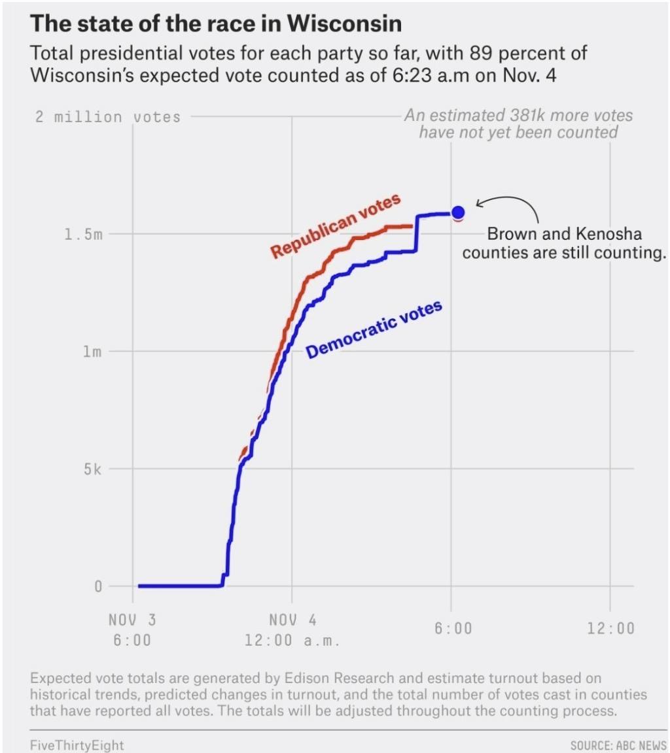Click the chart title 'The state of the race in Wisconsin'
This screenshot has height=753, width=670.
pyautogui.click(x=216, y=24)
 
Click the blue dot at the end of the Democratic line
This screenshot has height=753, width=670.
pyautogui.click(x=458, y=212)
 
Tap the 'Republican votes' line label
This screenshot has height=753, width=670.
pyautogui.click(x=335, y=226)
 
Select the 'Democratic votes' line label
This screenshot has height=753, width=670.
pyautogui.click(x=374, y=329)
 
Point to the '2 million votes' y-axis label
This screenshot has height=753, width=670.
pyautogui.click(x=107, y=118)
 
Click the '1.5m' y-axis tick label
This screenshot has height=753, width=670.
pyautogui.click(x=84, y=235)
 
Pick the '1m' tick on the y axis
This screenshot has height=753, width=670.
pyautogui.click(x=92, y=352)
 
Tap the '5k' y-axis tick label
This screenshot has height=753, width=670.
pyautogui.click(x=92, y=469)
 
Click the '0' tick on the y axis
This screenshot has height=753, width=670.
pyautogui.click(x=98, y=586)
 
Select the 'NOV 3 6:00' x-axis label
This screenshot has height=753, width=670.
pyautogui.click(x=132, y=629)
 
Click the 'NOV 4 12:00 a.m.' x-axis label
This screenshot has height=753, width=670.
pyautogui.click(x=292, y=629)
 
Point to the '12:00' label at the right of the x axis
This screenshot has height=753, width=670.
pyautogui.click(x=610, y=629)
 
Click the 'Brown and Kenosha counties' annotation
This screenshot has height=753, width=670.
pyautogui.click(x=564, y=243)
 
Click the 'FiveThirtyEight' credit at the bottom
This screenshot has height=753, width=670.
pyautogui.click(x=77, y=745)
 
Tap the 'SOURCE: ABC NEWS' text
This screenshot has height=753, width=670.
pyautogui.click(x=618, y=745)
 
